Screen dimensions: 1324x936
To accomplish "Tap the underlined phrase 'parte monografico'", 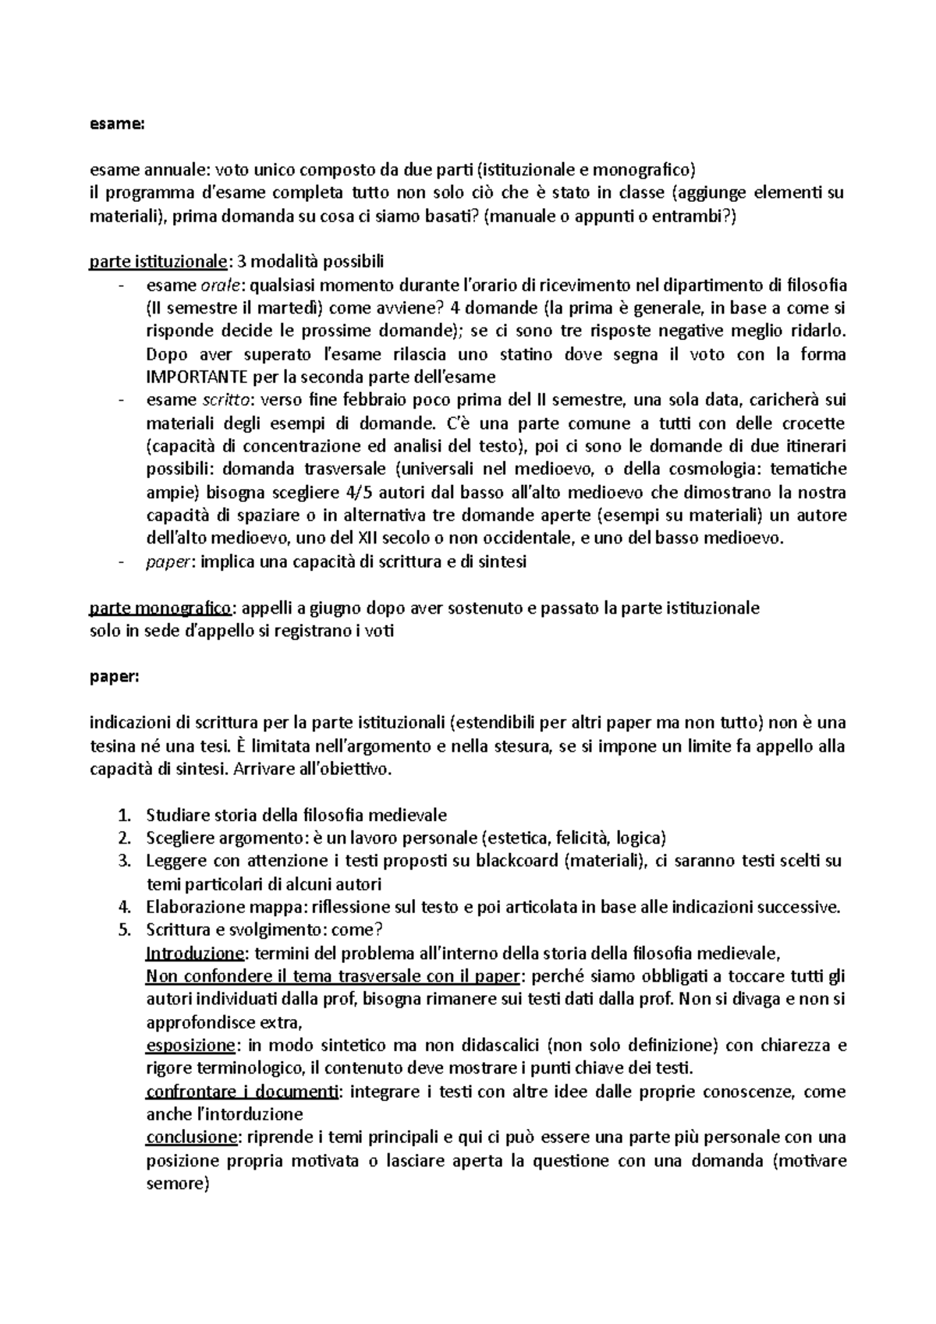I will coord(161,608).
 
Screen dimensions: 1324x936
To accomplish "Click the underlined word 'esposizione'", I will coord(190,1045).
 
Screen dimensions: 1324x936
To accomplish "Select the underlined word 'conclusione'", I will coord(190,1138).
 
